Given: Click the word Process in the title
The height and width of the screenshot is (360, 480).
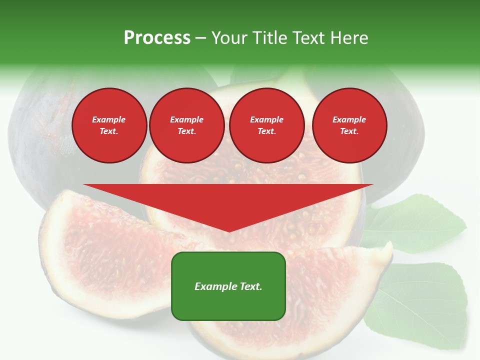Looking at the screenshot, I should click(157, 38).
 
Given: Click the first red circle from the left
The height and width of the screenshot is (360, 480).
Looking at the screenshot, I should click(109, 125).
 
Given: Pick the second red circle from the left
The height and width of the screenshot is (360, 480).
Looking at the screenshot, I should click(186, 125).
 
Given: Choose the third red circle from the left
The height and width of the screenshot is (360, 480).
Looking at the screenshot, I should click(266, 125).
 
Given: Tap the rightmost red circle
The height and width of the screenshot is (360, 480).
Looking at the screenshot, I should click(349, 125).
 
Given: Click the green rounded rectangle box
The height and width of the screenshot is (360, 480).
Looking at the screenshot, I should click(228, 286).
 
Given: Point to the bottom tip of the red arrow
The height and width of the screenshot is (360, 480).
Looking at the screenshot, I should click(228, 231).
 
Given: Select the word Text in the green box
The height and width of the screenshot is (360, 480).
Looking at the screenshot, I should click(251, 286).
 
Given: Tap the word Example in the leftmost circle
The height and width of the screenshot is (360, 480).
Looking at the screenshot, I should click(109, 120).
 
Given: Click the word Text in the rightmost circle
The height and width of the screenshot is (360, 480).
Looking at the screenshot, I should click(349, 131).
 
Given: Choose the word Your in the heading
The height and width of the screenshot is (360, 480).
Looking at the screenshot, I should click(229, 38).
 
